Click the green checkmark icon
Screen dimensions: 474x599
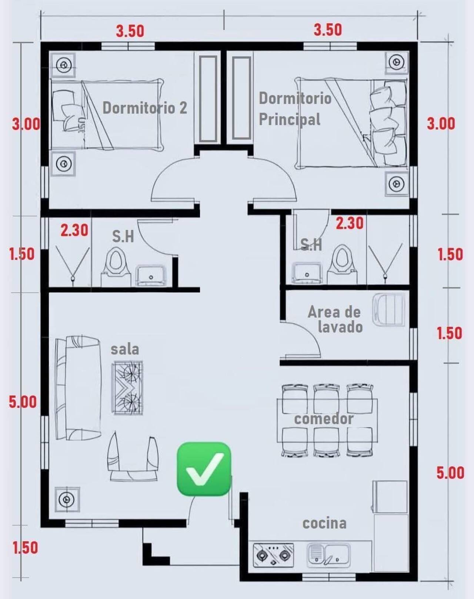tap(204, 469)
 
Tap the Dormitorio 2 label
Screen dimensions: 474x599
tap(145, 108)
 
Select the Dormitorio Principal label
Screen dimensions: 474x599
tap(295, 109)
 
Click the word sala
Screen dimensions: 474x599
tap(125, 349)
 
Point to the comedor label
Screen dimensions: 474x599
tap(324, 419)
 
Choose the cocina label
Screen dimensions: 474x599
tap(324, 523)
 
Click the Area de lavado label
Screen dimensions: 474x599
tap(335, 319)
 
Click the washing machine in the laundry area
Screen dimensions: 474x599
tap(388, 309)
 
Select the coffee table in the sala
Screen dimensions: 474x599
tap(127, 386)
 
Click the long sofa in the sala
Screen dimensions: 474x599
tap(78, 388)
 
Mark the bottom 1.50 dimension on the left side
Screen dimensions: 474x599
tap(25, 548)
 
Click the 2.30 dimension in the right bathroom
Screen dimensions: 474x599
tap(350, 223)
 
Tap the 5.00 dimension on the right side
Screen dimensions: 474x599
tap(450, 473)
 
